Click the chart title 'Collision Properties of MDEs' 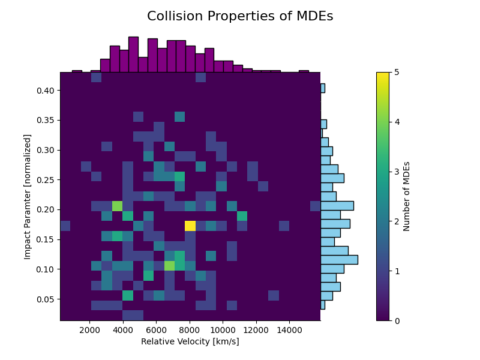[x=240, y=17]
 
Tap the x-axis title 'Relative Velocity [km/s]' [x=190, y=341]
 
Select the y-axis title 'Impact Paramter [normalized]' [x=27, y=196]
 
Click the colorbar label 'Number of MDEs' [x=407, y=196]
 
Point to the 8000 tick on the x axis [x=190, y=321]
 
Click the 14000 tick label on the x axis [x=289, y=329]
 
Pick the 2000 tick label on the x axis [x=89, y=329]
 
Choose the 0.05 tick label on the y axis [x=45, y=299]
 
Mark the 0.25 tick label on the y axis [x=45, y=180]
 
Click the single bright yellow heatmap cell [x=190, y=226]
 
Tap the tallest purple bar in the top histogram [x=133, y=55]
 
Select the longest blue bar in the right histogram [x=339, y=260]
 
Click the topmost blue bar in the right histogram [x=323, y=88]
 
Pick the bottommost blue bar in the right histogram [x=323, y=305]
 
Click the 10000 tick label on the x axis [x=223, y=329]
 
